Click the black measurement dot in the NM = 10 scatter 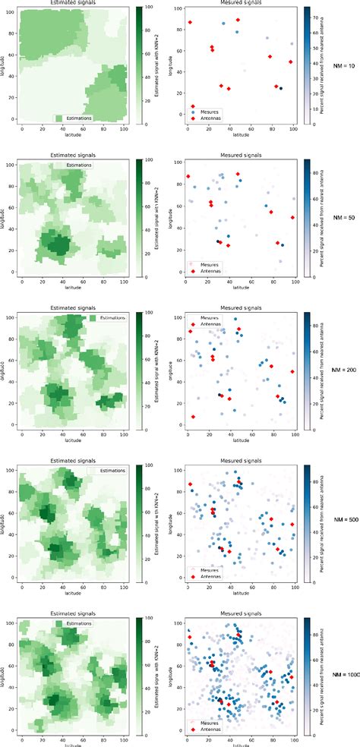(x=280, y=89)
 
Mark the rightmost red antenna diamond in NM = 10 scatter (x=291, y=62)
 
